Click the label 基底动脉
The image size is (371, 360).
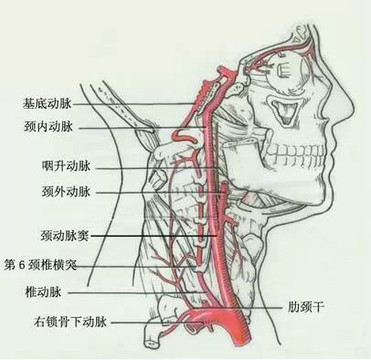(48, 103)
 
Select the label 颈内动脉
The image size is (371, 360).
(48, 126)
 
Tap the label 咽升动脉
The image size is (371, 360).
(66, 166)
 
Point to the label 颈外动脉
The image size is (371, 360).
(66, 192)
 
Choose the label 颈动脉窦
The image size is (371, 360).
(65, 236)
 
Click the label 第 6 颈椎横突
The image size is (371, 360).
(40, 265)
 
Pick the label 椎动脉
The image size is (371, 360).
(44, 292)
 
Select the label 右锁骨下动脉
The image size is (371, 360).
(70, 322)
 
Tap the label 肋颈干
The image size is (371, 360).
(305, 307)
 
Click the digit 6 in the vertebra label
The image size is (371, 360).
(22, 265)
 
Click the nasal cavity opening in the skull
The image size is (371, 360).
(284, 111)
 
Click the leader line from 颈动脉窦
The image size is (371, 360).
(153, 236)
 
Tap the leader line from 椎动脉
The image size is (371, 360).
(132, 292)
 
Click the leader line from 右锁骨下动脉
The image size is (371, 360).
(156, 322)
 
